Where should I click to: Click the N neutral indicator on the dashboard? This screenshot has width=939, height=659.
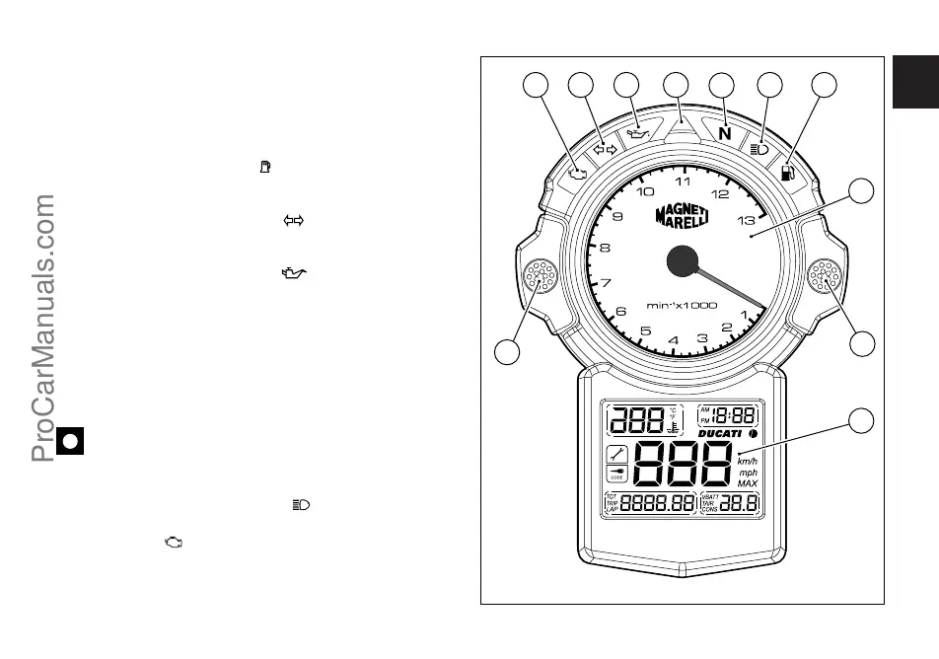tap(725, 133)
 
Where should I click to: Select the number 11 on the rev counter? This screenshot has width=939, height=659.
tap(683, 182)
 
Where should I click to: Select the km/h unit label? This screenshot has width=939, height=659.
tap(748, 459)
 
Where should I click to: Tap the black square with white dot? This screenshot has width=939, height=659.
tap(69, 440)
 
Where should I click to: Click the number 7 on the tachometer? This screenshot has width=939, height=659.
tap(606, 282)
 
